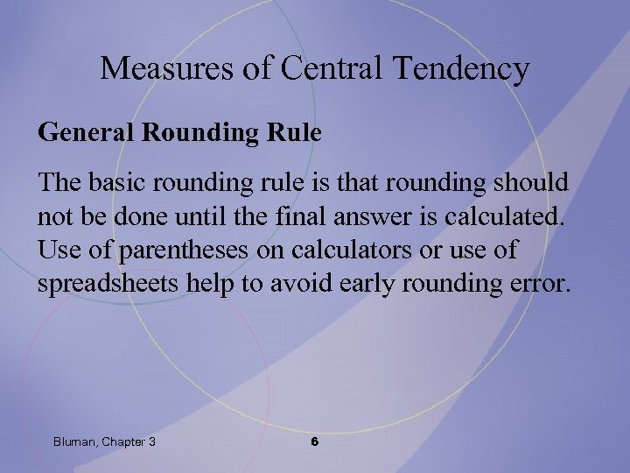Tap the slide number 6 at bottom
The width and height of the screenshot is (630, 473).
pyautogui.click(x=315, y=442)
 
